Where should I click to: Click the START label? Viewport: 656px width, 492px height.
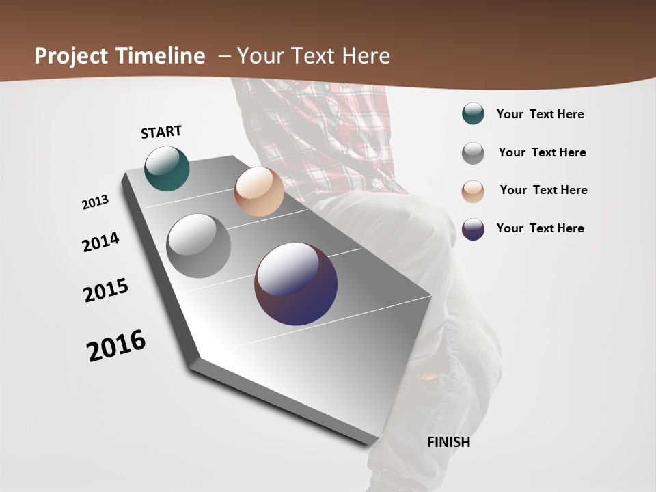(161, 132)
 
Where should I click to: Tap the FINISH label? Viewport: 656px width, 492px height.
(448, 442)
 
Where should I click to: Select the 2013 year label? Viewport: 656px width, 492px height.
(96, 202)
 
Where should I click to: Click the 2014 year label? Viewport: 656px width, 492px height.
(101, 242)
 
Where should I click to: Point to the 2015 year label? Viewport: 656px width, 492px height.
(106, 290)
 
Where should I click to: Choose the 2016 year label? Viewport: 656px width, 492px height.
(116, 346)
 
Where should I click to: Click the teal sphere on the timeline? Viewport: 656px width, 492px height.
(167, 168)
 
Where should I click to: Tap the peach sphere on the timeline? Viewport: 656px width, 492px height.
(259, 191)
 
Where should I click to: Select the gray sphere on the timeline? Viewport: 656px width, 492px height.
(198, 246)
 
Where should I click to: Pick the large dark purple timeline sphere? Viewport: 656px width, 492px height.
(296, 284)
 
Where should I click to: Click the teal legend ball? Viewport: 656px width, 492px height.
(473, 114)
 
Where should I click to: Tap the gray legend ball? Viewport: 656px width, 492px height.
(473, 153)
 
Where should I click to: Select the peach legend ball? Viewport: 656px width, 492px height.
(473, 191)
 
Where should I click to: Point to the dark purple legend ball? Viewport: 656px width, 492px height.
(473, 229)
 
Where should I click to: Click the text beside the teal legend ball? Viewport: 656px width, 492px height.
(540, 114)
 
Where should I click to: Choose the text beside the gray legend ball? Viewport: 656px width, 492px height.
(542, 152)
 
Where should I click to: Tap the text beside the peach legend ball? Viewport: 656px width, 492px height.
(543, 190)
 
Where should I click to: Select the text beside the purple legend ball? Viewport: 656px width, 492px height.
(540, 228)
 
